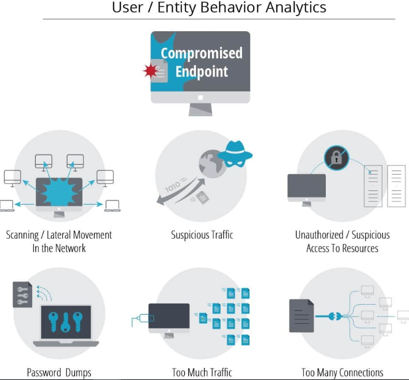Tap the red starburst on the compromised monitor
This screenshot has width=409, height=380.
tap(151, 71)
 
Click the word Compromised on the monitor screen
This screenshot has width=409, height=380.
tap(202, 54)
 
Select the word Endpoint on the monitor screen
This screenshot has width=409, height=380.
tap(202, 72)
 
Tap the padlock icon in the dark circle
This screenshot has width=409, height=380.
tap(336, 157)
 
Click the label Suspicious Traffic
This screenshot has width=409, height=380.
tap(202, 235)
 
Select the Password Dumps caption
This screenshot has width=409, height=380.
tap(59, 372)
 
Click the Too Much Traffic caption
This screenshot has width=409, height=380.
tap(202, 372)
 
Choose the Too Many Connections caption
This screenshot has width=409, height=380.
tap(342, 372)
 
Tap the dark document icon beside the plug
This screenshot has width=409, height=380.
tap(301, 316)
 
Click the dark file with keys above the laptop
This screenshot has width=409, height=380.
tap(23, 294)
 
